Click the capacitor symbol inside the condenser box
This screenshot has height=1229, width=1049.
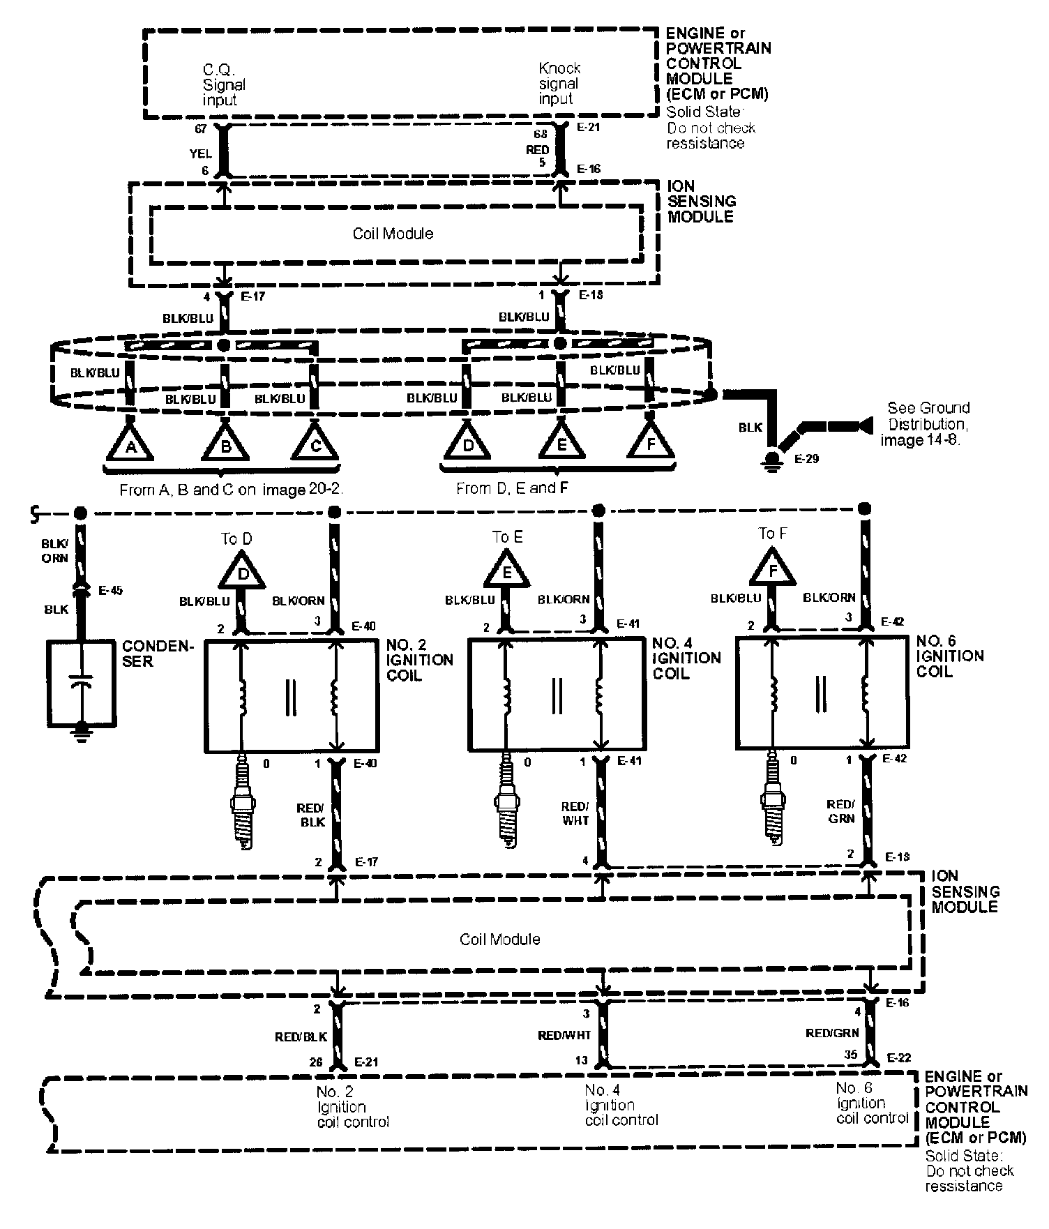tap(82, 684)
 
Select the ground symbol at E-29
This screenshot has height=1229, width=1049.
tap(772, 460)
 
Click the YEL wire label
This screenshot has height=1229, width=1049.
tap(200, 153)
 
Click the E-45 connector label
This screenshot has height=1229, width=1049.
tap(110, 590)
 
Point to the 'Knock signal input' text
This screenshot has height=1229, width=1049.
tap(559, 84)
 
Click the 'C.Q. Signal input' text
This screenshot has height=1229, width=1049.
tap(223, 84)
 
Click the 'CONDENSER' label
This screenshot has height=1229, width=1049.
tap(157, 654)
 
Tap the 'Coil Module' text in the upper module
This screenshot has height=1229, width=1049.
tap(393, 234)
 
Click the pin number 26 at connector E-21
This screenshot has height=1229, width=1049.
tap(316, 1062)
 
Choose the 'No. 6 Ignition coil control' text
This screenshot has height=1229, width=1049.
tap(872, 1103)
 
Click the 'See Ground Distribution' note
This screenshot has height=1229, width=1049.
tap(925, 423)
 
